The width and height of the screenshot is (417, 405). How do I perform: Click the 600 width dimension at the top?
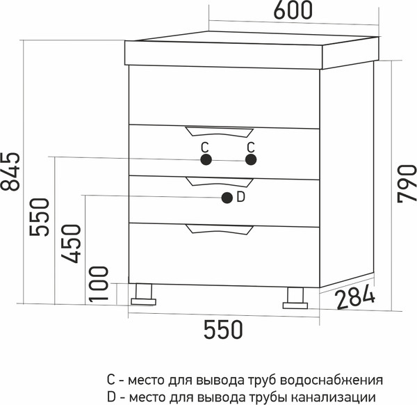pyautogui.click(x=293, y=10)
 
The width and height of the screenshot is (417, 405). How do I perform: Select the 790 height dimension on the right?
pyautogui.click(x=407, y=184)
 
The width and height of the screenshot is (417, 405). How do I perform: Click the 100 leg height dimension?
pyautogui.click(x=99, y=284)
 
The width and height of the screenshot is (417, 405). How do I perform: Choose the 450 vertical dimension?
pyautogui.click(x=70, y=244)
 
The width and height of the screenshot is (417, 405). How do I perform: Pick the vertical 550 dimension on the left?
pyautogui.click(x=40, y=216)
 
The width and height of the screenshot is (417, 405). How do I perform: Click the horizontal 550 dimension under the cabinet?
pyautogui.click(x=223, y=330)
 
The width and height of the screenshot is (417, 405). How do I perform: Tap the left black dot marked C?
pyautogui.click(x=206, y=159)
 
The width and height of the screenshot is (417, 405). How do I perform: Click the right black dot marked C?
pyautogui.click(x=251, y=159)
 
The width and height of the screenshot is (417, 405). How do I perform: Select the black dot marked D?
pyautogui.click(x=227, y=198)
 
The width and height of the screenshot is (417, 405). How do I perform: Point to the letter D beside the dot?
pyautogui.click(x=240, y=198)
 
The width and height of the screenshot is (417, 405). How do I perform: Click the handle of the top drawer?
pyautogui.click(x=220, y=132)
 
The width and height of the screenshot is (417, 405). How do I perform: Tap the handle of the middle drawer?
pyautogui.click(x=220, y=182)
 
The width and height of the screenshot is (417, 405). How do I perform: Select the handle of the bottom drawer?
pyautogui.click(x=220, y=230)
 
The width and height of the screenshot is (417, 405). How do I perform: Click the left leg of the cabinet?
pyautogui.click(x=143, y=294)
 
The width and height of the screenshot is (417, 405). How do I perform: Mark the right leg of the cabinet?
pyautogui.click(x=295, y=298)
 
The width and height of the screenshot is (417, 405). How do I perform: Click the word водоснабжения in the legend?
pyautogui.click(x=332, y=380)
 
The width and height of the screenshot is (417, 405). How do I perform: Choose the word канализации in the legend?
pyautogui.click(x=334, y=397)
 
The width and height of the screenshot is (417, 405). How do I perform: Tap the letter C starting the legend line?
pyautogui.click(x=111, y=380)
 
